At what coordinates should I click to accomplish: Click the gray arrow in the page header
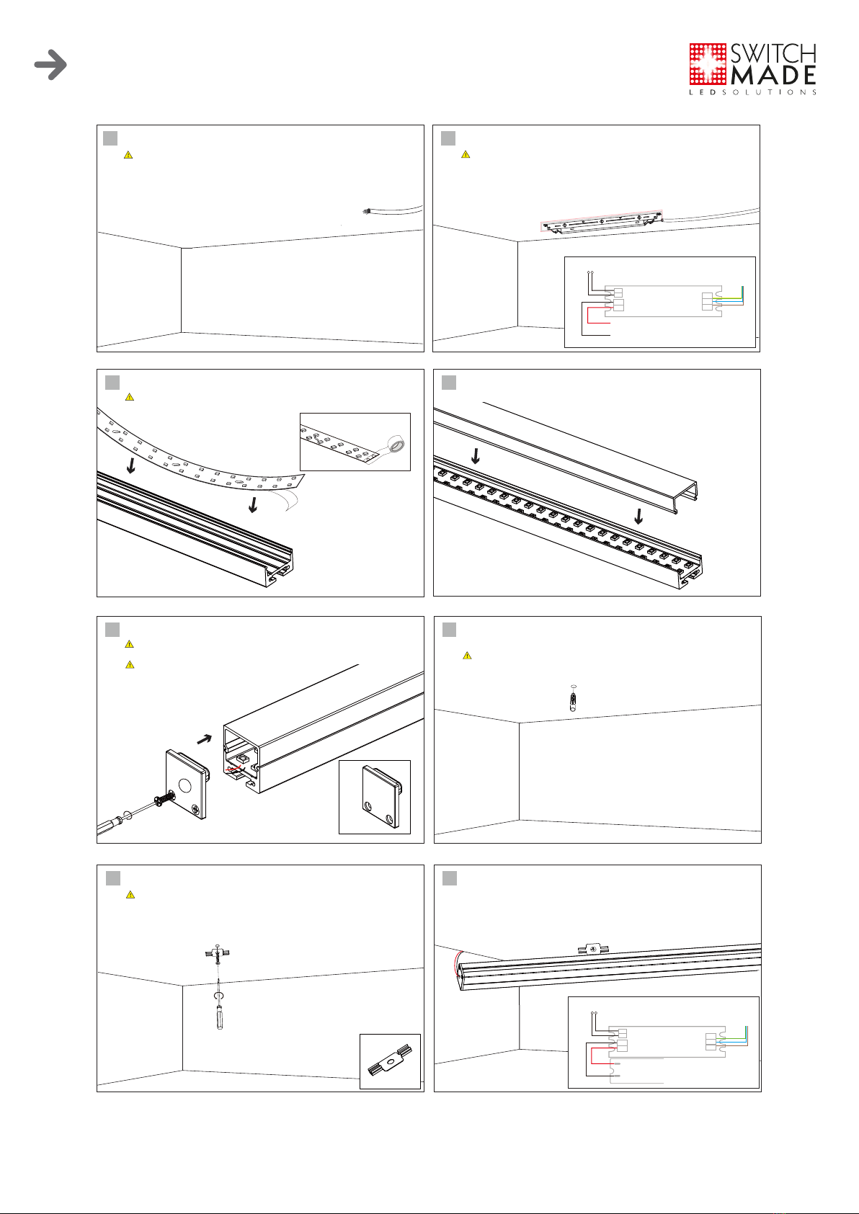click(x=50, y=65)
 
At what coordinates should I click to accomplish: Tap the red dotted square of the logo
click(x=708, y=64)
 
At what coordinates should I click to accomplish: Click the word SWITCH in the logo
click(x=773, y=53)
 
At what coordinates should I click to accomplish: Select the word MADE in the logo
click(x=773, y=76)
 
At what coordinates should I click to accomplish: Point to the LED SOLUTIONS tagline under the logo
click(x=753, y=92)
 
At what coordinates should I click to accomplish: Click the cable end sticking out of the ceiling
click(x=366, y=211)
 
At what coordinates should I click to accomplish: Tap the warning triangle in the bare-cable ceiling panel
click(x=128, y=155)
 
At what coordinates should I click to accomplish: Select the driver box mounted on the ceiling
click(x=602, y=222)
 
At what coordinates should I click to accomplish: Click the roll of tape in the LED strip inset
click(x=396, y=445)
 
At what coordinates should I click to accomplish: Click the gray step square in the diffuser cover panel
click(x=449, y=383)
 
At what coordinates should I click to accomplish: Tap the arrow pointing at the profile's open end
click(x=205, y=738)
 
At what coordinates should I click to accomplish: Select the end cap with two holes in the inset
click(x=381, y=797)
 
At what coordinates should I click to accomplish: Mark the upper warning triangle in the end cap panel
click(x=129, y=644)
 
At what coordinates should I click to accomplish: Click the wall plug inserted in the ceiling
click(x=574, y=699)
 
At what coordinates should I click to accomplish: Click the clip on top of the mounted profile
click(x=593, y=949)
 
